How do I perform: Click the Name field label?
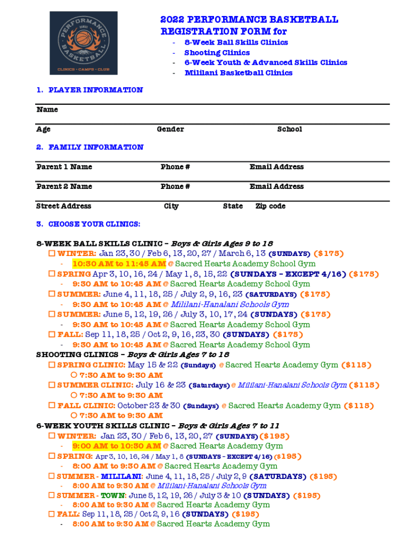[47, 110]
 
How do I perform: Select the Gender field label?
[170, 129]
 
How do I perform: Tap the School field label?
[290, 129]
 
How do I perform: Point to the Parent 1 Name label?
[64, 167]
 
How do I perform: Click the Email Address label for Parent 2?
[276, 187]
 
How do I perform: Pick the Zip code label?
[270, 207]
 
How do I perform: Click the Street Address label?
[63, 207]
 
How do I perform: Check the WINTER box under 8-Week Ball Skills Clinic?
[52, 254]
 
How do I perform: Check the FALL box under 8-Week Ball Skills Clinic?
[52, 335]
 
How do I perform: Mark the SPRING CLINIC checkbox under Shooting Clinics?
[52, 365]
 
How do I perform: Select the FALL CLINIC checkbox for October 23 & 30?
[52, 406]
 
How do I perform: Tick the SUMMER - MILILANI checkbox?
[52, 476]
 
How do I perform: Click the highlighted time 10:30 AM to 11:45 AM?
[119, 264]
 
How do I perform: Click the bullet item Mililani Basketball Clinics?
[238, 73]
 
